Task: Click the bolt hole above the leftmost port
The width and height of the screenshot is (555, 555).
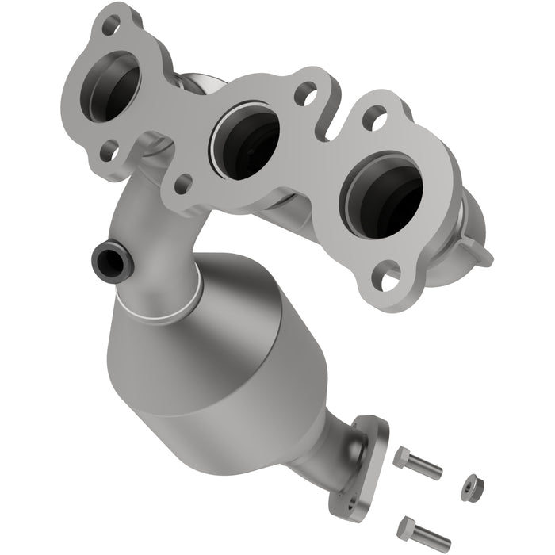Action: point(112,25)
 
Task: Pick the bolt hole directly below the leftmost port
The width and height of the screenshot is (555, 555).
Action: point(109,148)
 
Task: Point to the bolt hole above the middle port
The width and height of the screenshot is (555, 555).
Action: point(306,94)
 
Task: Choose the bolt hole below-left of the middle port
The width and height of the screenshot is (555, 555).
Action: point(182,184)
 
